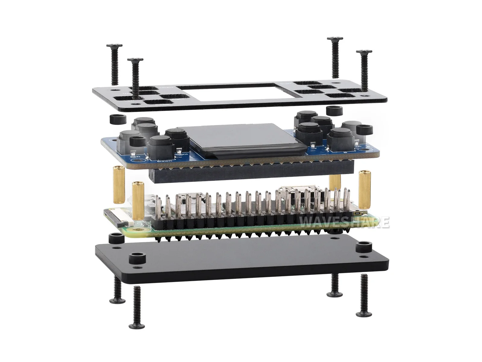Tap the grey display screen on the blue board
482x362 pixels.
point(241,136)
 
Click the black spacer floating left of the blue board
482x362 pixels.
point(115,119)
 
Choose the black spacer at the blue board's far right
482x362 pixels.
point(365,130)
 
